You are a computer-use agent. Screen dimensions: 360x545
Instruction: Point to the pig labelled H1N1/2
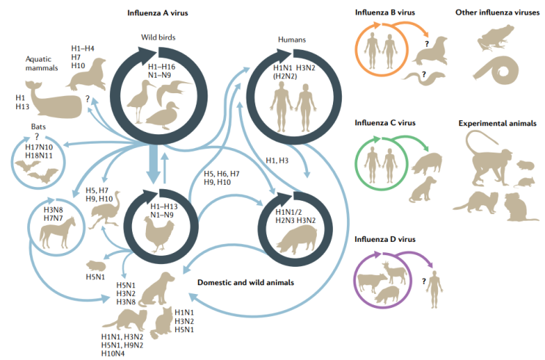(x=293, y=240)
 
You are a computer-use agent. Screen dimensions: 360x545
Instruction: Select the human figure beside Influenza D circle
(x=436, y=282)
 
